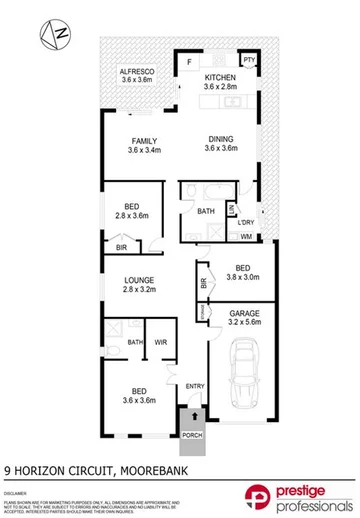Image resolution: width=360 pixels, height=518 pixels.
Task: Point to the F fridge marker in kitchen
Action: (189, 61)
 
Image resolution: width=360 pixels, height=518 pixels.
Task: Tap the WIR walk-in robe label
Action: (160, 343)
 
